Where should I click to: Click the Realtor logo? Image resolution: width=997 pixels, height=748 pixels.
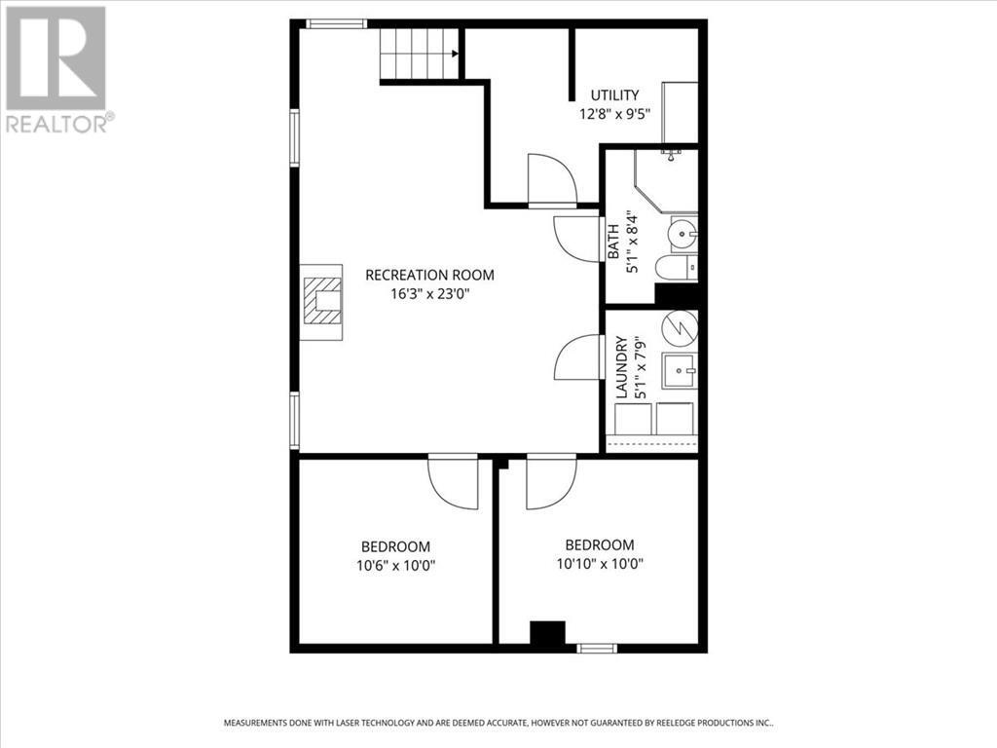[x=56, y=68]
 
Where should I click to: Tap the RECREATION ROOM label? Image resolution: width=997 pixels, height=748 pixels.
[x=429, y=275]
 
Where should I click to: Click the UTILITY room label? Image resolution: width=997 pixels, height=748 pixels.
[x=615, y=95]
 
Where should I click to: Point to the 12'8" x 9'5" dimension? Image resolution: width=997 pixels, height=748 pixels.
[x=614, y=113]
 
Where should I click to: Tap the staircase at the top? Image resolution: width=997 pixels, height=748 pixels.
[x=420, y=54]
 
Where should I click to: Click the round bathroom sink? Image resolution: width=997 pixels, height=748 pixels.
[x=683, y=235]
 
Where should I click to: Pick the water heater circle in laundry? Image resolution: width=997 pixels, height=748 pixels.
[x=680, y=329]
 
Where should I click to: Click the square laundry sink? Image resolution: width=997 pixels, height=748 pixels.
[x=680, y=371]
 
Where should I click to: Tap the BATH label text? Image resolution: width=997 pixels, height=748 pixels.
[x=614, y=242]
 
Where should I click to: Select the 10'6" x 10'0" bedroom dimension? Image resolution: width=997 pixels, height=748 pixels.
[x=395, y=565]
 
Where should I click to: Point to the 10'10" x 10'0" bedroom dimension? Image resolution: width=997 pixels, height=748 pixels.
[x=600, y=563]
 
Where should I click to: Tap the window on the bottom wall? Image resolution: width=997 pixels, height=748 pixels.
[x=596, y=648]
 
